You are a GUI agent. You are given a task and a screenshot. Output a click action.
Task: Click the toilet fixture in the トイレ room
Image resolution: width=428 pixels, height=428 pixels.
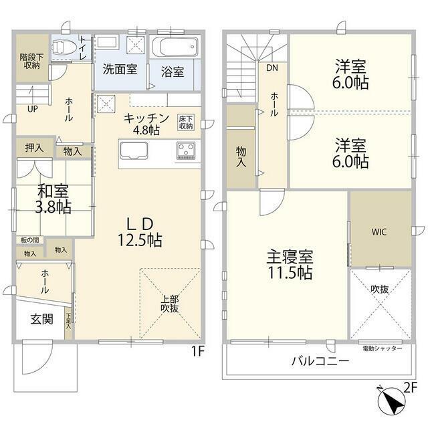64,47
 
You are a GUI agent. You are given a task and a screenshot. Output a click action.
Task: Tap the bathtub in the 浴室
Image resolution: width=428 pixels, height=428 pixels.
175,46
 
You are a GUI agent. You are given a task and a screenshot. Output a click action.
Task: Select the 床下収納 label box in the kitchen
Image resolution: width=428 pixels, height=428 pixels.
186,122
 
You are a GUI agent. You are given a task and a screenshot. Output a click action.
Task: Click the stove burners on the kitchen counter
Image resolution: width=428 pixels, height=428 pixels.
186,150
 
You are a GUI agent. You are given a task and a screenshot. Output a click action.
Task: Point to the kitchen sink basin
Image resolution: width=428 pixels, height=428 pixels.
134,150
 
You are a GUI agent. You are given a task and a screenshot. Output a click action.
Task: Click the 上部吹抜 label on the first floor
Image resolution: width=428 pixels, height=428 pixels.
169,304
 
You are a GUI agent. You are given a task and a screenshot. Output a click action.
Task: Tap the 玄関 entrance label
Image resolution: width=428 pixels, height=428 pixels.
41,319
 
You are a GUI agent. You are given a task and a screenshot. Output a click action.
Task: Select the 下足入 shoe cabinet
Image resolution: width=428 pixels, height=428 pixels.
68,322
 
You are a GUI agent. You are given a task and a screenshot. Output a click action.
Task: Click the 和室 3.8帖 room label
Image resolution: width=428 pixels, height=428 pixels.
53,199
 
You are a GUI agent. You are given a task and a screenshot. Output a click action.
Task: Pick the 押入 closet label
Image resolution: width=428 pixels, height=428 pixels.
34,148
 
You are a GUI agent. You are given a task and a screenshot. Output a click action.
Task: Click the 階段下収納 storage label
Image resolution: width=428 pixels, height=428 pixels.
31,61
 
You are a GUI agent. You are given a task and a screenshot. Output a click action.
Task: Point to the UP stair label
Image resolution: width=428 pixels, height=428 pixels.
33,109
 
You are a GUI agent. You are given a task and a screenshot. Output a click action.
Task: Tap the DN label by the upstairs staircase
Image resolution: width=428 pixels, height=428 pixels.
272,68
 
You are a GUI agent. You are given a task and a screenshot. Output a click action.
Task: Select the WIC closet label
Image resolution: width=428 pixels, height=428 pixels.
379,232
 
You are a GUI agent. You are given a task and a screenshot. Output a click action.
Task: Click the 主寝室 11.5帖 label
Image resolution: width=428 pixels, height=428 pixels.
290,264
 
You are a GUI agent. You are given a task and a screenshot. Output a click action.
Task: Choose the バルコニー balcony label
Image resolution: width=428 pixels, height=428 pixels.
320,361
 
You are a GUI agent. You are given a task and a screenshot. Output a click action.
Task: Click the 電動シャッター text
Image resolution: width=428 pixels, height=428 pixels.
382,348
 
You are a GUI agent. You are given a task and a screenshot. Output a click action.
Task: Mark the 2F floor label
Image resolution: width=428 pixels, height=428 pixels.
410,388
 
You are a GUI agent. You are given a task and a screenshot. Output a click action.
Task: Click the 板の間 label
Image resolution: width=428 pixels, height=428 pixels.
29,240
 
